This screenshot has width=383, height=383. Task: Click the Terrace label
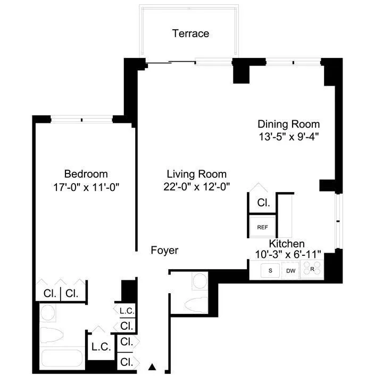190,34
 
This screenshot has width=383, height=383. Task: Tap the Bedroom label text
86,174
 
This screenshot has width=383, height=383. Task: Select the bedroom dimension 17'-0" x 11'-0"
86,187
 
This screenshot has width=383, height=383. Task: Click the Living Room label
196,174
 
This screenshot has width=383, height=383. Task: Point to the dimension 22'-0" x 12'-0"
196,187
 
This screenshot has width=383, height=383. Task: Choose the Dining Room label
289,124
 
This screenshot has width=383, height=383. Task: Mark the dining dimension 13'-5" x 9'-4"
289,137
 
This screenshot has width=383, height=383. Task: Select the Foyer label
164,250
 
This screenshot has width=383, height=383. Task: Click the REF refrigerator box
263,227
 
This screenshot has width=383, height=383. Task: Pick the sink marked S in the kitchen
271,271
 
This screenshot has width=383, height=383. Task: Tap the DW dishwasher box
290,271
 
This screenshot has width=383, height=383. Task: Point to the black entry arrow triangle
152,367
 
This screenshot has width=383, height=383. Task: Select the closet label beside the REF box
263,203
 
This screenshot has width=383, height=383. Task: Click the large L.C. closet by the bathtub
101,347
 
